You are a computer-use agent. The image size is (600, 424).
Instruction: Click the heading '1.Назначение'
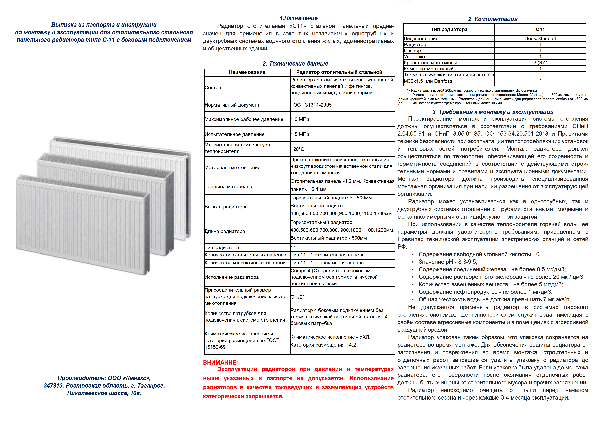(x=298, y=18)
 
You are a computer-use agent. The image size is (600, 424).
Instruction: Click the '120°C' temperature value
(x=297, y=149)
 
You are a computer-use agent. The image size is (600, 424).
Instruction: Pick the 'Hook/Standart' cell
(x=540, y=39)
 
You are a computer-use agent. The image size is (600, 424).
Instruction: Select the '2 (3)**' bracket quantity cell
(x=540, y=63)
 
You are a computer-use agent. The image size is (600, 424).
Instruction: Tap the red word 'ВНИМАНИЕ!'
(x=220, y=363)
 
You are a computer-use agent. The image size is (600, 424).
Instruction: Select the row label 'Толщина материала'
(x=228, y=187)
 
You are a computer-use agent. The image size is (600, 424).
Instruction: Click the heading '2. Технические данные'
(x=295, y=63)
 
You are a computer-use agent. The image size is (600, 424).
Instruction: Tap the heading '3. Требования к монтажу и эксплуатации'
(x=493, y=112)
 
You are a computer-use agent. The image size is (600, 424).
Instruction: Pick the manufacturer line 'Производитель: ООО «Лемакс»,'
(x=104, y=378)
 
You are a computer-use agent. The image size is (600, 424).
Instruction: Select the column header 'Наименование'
(x=247, y=72)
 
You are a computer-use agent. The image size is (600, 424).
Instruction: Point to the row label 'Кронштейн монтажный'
(x=430, y=63)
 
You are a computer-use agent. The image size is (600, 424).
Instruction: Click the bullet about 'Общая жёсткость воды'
(x=494, y=300)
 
